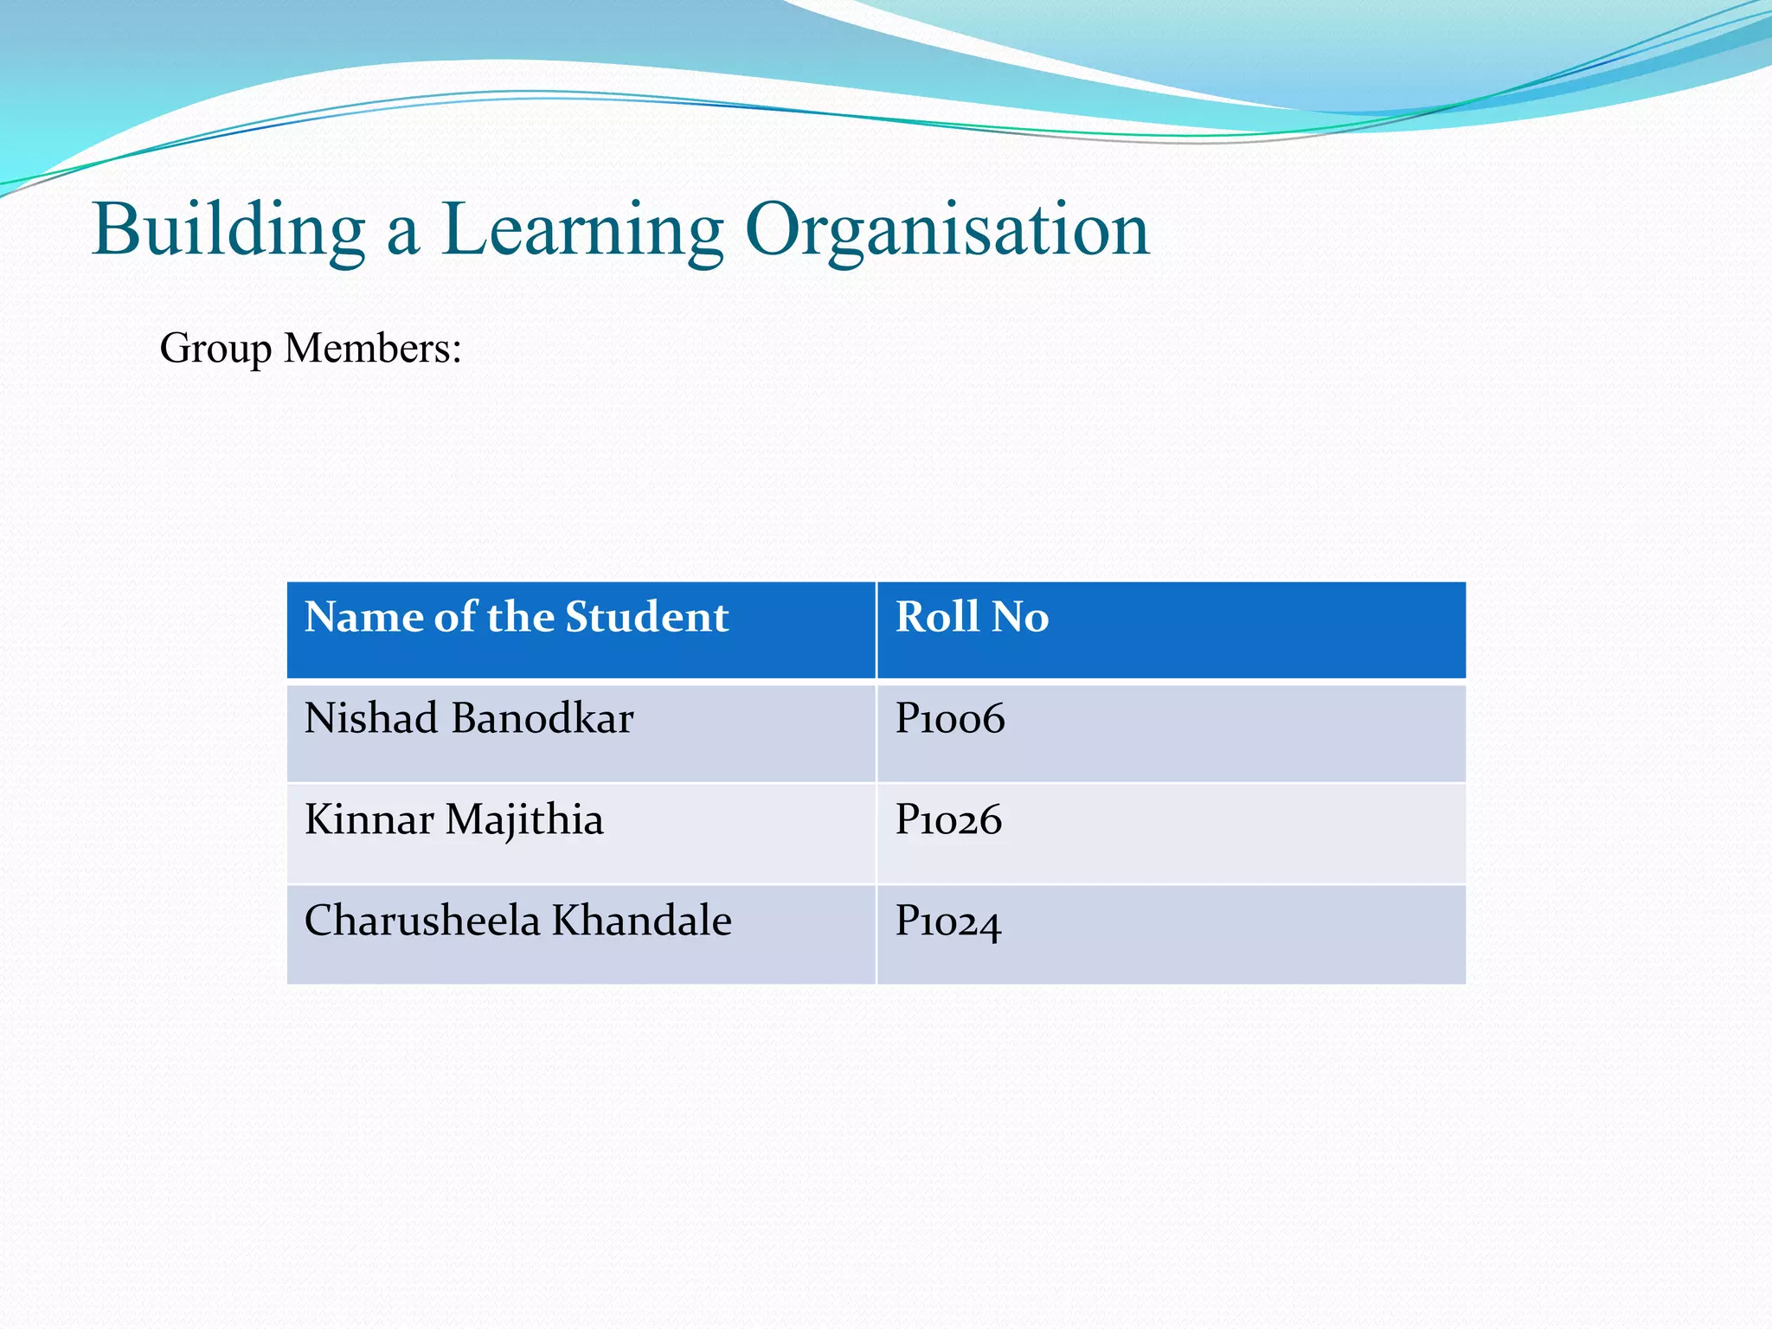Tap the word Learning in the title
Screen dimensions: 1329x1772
[582, 230]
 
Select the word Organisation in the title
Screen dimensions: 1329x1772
[947, 230]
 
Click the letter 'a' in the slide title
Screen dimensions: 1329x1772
[402, 234]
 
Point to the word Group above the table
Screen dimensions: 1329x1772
[215, 350]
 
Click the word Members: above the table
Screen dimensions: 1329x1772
[373, 348]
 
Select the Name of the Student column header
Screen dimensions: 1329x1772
[517, 618]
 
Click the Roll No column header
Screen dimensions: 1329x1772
[972, 618]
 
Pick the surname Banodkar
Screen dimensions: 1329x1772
[543, 718]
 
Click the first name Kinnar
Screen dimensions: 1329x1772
[369, 819]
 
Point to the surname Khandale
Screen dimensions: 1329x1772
[642, 920]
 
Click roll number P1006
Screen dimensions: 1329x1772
[950, 719]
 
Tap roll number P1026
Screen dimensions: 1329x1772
[948, 820]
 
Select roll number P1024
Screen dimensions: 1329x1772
[948, 921]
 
